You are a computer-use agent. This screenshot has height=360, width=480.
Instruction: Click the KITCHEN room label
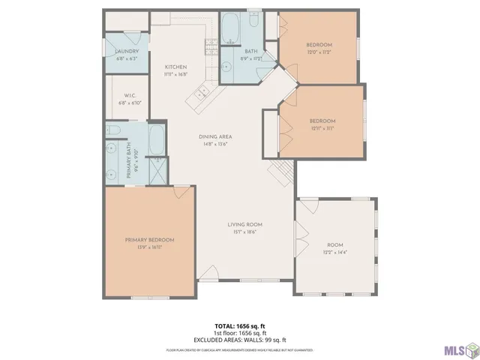pos(175,67)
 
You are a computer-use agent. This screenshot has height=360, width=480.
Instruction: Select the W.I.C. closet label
pos(130,95)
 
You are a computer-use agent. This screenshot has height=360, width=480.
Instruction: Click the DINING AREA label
pos(214,136)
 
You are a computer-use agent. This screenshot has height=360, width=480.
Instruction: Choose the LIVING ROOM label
pos(244,224)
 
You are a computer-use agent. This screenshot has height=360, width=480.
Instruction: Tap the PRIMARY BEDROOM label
pos(149,240)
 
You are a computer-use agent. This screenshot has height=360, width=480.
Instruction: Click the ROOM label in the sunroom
pos(334,245)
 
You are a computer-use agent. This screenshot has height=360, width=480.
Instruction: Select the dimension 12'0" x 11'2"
pos(319,53)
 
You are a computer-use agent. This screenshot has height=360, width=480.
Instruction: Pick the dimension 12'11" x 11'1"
pos(322,128)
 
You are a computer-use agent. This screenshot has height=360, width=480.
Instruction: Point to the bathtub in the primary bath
pos(158,139)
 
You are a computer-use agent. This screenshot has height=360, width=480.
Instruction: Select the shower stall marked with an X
pos(158,172)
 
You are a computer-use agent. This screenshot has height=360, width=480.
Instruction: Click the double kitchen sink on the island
pos(200,93)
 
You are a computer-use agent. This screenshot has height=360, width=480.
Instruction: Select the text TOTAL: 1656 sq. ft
pos(240,325)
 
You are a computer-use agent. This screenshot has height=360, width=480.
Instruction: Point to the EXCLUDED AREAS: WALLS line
pos(240,338)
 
